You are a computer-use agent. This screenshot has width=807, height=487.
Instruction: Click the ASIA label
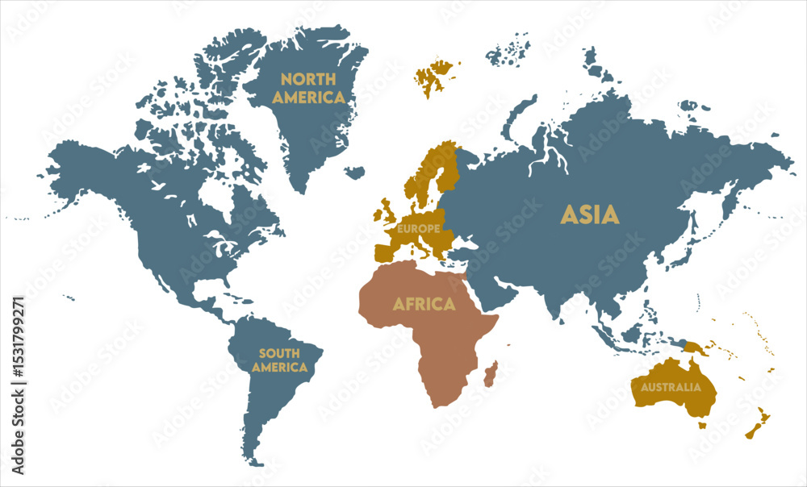[x=590, y=214]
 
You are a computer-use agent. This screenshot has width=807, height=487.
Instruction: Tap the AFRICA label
[x=424, y=304]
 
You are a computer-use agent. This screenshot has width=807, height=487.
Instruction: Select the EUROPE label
[x=417, y=228]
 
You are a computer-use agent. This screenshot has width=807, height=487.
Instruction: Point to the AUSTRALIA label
[x=671, y=387]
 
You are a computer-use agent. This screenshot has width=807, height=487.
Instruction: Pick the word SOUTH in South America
[x=279, y=353]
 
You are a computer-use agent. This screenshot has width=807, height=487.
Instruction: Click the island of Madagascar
[x=490, y=373]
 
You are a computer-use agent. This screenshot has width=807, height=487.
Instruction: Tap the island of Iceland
[x=353, y=172]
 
